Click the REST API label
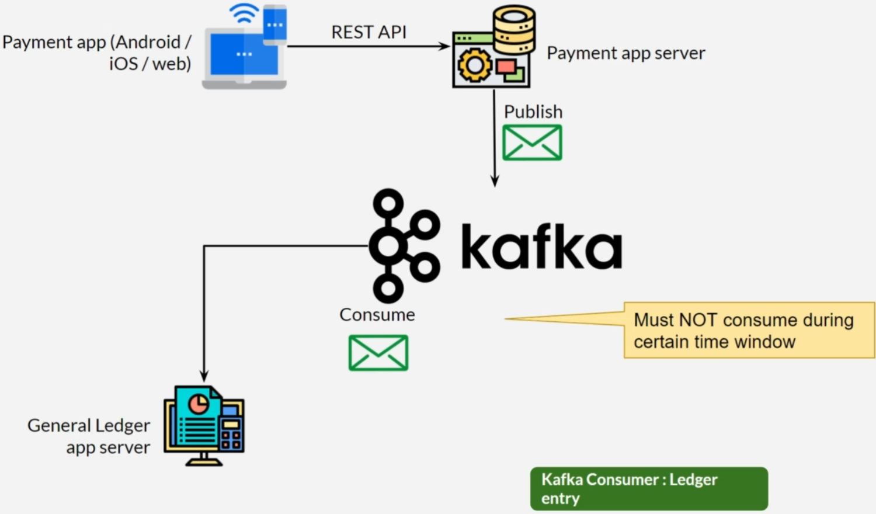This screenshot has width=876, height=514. click(x=369, y=32)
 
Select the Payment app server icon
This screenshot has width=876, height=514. click(x=494, y=48)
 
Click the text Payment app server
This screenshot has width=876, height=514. click(x=625, y=53)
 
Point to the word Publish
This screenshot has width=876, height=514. click(x=533, y=112)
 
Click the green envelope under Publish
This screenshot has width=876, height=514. click(x=532, y=143)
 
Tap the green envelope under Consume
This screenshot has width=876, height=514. click(x=378, y=353)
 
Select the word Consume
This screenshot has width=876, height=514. click(x=377, y=315)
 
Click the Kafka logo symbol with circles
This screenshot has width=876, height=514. click(x=403, y=245)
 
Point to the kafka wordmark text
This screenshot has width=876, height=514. click(x=541, y=247)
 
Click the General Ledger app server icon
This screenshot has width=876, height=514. click(x=204, y=426)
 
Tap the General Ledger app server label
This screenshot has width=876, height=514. click(x=89, y=436)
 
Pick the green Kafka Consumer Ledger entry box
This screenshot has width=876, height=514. click(x=649, y=489)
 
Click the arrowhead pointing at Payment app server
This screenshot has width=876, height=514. click(x=445, y=46)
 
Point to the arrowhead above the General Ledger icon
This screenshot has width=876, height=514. click(x=204, y=376)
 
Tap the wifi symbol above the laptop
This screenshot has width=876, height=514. click(x=244, y=13)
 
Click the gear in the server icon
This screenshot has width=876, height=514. click(x=474, y=65)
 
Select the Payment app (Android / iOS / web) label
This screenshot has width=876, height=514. click(x=97, y=53)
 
